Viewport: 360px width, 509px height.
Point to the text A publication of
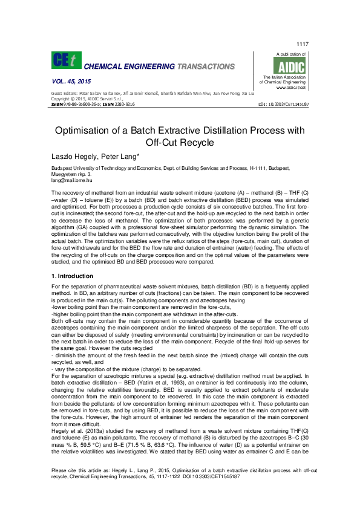point(291,54)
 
